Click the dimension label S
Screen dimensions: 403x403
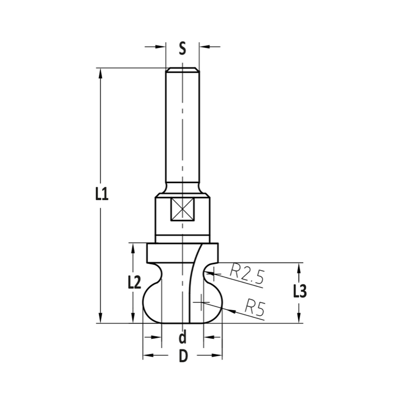point(183,48)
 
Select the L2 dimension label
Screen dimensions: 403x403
point(134,283)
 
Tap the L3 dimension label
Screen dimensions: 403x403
point(300,291)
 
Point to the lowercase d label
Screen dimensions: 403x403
point(183,336)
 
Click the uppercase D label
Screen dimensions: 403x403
point(183,356)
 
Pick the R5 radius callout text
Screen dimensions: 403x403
point(255,309)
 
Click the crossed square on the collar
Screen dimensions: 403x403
point(183,210)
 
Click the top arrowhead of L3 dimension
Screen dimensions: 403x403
point(299,267)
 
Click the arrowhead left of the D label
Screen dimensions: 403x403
point(147,355)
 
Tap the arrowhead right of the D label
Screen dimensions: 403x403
point(218,355)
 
